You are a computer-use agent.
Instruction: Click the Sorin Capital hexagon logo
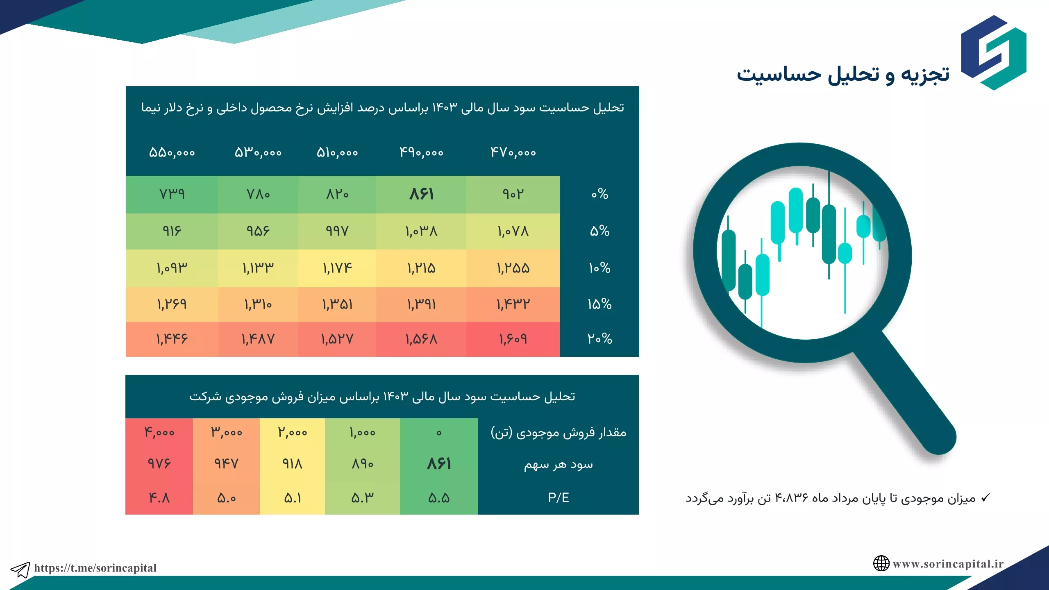tap(994, 52)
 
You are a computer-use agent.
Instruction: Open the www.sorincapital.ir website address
tap(948, 564)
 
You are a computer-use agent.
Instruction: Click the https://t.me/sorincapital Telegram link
tap(95, 568)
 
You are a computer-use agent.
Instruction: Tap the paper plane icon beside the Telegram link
tap(20, 570)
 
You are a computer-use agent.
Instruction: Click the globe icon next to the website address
tap(881, 563)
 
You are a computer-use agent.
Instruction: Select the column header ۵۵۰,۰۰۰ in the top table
tap(172, 152)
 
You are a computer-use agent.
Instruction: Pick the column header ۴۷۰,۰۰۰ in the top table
tap(513, 152)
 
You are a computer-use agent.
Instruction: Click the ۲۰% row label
tap(599, 339)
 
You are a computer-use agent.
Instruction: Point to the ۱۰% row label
tap(599, 268)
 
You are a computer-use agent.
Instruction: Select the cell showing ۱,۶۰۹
tap(513, 339)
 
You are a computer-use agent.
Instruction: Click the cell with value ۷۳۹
tap(172, 194)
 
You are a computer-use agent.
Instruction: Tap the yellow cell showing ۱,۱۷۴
tap(337, 268)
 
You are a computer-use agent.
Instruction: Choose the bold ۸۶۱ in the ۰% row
tap(421, 194)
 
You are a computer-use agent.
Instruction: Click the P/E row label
tap(559, 497)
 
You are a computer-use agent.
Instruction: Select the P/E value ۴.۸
tap(159, 498)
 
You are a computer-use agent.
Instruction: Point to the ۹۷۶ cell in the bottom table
tap(159, 464)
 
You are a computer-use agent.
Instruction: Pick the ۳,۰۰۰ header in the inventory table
tap(226, 432)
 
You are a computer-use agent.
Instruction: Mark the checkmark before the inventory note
tap(985, 498)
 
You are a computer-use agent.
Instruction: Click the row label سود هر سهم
tap(558, 465)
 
